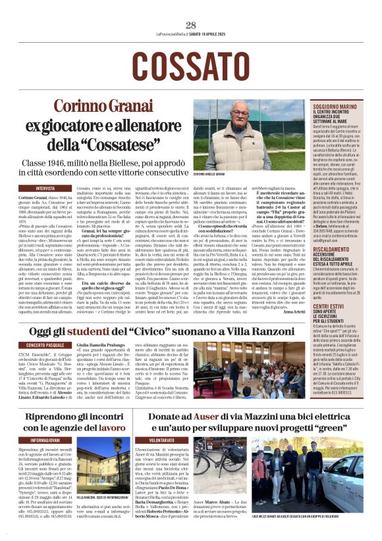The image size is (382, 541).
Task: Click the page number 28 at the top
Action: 191,25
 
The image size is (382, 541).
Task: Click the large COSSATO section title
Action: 190,65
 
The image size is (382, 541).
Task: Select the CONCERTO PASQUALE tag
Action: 46,344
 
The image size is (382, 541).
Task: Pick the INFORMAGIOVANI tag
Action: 46,439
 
